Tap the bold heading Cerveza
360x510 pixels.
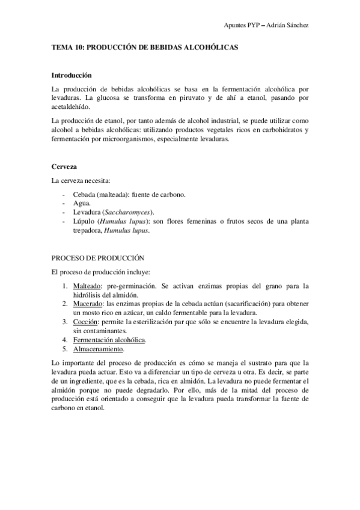[x=63, y=165]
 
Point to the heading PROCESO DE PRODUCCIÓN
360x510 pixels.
[x=99, y=257]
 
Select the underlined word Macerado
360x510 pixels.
[x=87, y=304]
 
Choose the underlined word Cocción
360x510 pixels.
[x=85, y=322]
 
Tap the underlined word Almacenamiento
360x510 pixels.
[x=99, y=349]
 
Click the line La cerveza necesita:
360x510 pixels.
[x=81, y=180]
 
